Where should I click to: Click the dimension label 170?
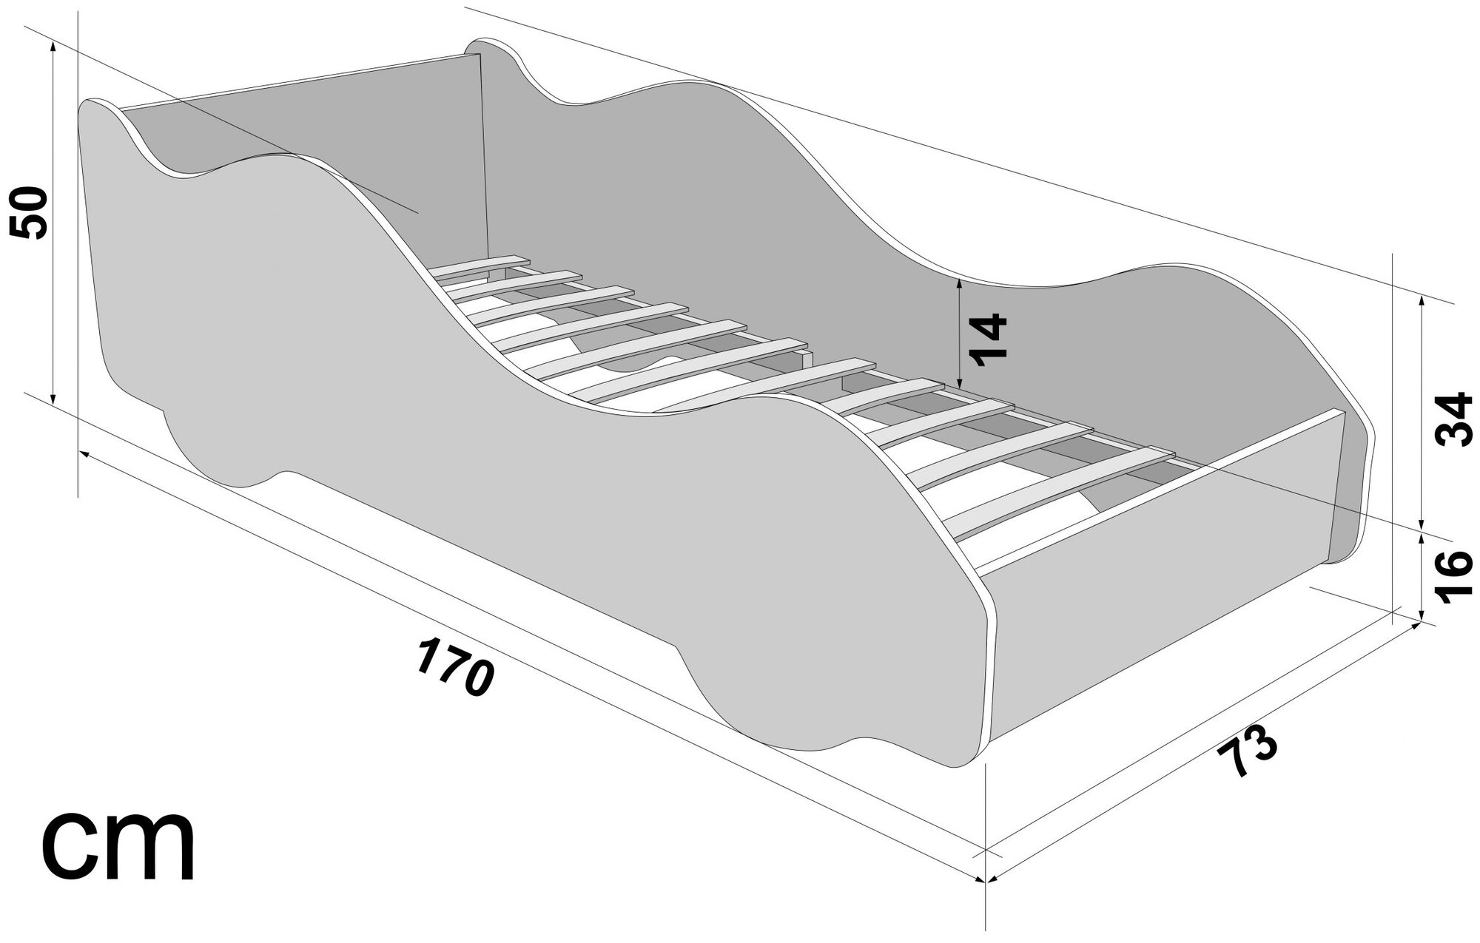click(454, 668)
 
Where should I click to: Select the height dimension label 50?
click(30, 212)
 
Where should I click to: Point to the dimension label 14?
click(989, 340)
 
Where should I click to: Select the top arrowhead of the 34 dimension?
click(1422, 299)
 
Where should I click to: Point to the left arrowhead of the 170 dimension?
click(84, 453)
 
